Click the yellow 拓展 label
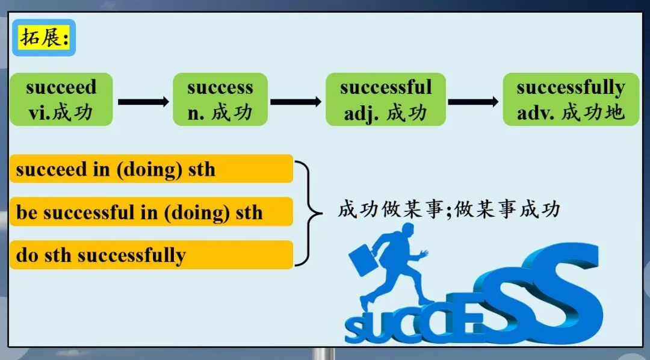[44, 38]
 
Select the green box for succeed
[61, 99]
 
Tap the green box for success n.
[220, 99]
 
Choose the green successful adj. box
[386, 99]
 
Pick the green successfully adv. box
[571, 99]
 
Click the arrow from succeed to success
[143, 102]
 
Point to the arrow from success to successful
[296, 102]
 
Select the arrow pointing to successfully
[474, 102]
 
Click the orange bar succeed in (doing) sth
[151, 169]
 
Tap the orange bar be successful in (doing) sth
[151, 212]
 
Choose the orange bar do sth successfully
[151, 255]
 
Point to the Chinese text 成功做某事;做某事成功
[449, 209]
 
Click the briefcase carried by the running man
[364, 260]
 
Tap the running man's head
[408, 229]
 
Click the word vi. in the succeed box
[40, 113]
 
